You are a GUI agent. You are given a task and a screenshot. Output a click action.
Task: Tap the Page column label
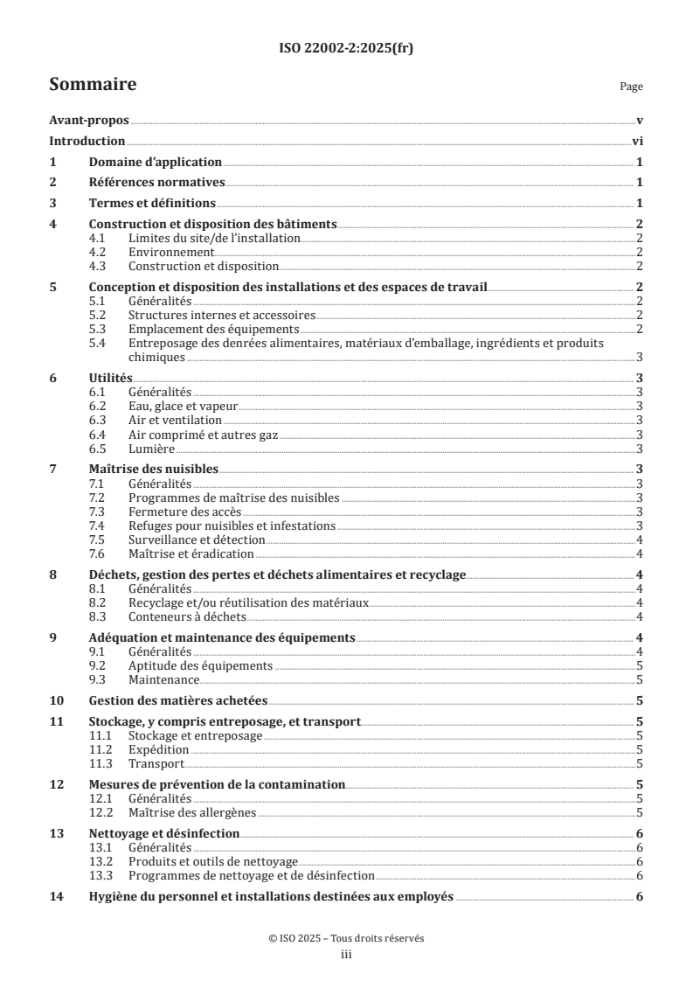click(631, 87)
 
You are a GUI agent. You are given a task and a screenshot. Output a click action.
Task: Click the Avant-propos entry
click(89, 121)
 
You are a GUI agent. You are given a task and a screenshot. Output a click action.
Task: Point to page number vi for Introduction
click(638, 142)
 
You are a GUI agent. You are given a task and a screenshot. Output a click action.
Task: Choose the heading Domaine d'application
click(156, 163)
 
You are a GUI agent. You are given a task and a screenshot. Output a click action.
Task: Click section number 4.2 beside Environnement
click(99, 252)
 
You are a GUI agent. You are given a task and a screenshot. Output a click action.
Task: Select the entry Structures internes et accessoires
click(221, 315)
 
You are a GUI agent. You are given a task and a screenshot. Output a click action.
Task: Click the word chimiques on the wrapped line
click(156, 357)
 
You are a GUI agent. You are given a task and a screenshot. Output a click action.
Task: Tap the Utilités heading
click(111, 378)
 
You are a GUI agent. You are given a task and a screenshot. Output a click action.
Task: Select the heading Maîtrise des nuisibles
click(154, 470)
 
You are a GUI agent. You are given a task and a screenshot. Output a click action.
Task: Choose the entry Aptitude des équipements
click(200, 665)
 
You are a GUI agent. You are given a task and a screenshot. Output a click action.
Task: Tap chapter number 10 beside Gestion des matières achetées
click(56, 700)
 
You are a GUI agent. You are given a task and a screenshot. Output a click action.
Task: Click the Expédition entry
click(158, 749)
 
